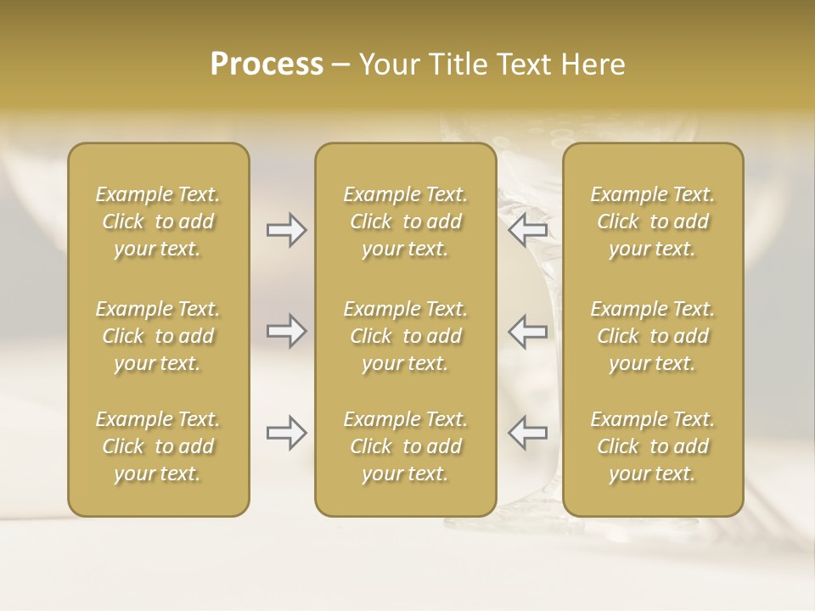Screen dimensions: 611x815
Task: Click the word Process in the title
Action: [x=267, y=64]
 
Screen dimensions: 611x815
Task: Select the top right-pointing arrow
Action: [x=286, y=230]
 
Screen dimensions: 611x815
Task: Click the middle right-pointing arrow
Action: [x=286, y=331]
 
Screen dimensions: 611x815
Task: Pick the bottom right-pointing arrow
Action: [x=286, y=433]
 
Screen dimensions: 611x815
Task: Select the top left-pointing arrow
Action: [x=528, y=230]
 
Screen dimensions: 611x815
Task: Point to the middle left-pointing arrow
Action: [x=528, y=331]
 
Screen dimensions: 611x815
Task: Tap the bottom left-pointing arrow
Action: [x=528, y=433]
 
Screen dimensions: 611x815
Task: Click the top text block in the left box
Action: [x=158, y=221]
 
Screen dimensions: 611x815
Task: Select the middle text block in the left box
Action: [x=158, y=336]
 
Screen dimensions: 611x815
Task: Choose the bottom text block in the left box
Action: [x=158, y=446]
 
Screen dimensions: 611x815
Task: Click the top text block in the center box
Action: [x=405, y=221]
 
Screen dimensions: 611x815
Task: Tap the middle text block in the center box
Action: [x=405, y=336]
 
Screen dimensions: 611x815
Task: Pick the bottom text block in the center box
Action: [x=405, y=446]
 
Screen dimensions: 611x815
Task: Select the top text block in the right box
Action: [x=652, y=221]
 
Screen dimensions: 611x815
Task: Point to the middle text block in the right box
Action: [x=652, y=336]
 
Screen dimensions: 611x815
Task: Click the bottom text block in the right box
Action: [x=652, y=446]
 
